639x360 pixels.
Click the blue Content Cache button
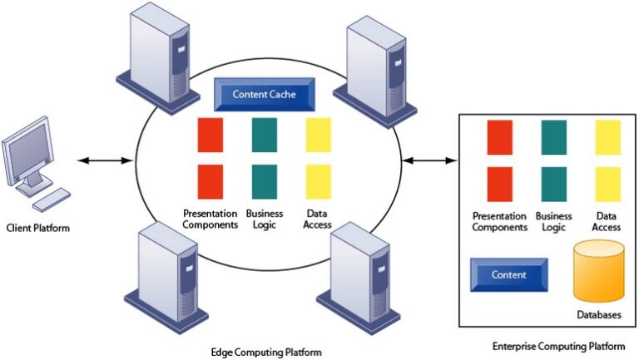(x=264, y=95)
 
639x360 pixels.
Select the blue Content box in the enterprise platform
(x=508, y=275)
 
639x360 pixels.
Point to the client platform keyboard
(x=52, y=198)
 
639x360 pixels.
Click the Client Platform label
(x=38, y=228)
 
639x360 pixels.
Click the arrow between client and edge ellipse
(x=103, y=160)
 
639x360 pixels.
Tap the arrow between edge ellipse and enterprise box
(x=429, y=160)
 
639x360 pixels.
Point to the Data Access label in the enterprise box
(x=607, y=221)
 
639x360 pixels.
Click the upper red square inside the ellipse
(x=211, y=135)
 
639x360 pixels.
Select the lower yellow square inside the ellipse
(x=318, y=180)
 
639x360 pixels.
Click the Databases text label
(x=598, y=315)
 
